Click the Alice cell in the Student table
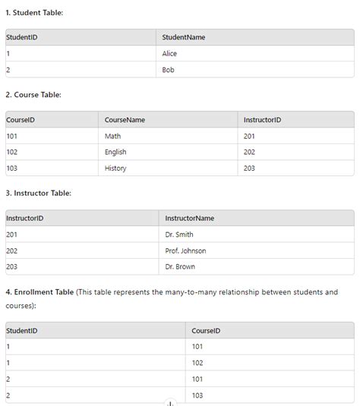tap(169, 54)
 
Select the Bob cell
tap(168, 70)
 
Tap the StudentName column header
tap(184, 37)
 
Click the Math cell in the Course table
tap(112, 136)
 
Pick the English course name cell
tap(115, 152)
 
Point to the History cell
tap(115, 168)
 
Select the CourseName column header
tap(125, 120)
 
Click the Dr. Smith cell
tap(179, 234)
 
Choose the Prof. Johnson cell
tap(185, 250)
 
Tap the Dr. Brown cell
tap(180, 266)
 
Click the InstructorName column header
tap(189, 219)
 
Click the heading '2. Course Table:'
tap(33, 95)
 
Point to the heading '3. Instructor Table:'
tap(38, 194)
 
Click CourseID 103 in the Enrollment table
tap(197, 395)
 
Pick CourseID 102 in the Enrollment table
tap(197, 363)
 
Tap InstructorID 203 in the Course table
tap(249, 168)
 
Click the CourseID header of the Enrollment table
tap(206, 331)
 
